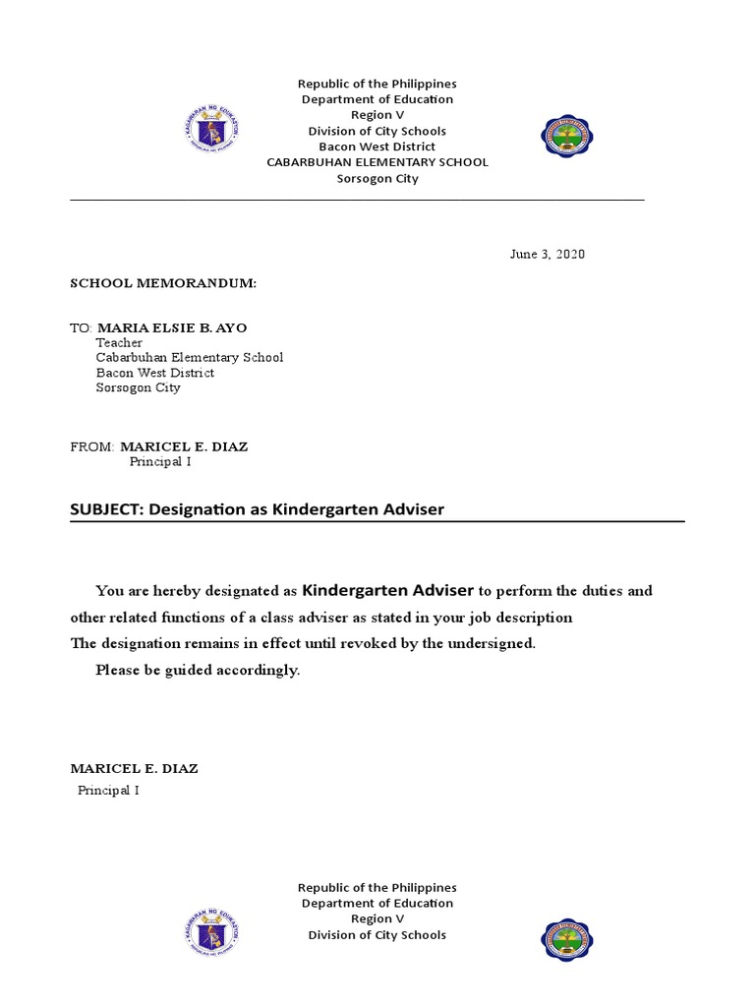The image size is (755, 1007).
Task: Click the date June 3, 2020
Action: click(x=547, y=255)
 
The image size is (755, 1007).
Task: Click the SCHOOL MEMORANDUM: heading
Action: click(x=162, y=283)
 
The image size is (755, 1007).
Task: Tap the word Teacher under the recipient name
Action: click(x=119, y=343)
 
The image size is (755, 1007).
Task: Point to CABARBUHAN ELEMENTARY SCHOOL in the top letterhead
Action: click(x=377, y=162)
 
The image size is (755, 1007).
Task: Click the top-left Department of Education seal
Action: click(x=211, y=130)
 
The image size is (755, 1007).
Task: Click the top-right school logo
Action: click(x=568, y=137)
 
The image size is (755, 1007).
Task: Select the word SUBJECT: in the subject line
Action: click(x=106, y=509)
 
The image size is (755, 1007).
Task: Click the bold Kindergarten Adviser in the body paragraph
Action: click(x=387, y=590)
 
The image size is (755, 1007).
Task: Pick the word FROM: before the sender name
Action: click(x=92, y=446)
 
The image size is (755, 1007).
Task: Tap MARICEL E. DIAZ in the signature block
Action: click(x=134, y=769)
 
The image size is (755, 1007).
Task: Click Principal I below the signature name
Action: click(x=108, y=791)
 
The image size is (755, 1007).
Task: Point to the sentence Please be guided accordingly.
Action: click(x=197, y=671)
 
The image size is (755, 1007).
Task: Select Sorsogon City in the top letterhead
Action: click(x=377, y=179)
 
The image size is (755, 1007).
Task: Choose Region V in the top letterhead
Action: click(x=377, y=115)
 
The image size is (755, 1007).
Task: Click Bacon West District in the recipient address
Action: click(x=154, y=373)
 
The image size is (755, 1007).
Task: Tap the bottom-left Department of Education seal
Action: click(x=211, y=933)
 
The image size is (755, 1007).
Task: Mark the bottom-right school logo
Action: click(x=568, y=940)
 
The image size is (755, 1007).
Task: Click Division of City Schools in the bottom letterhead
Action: click(x=377, y=935)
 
